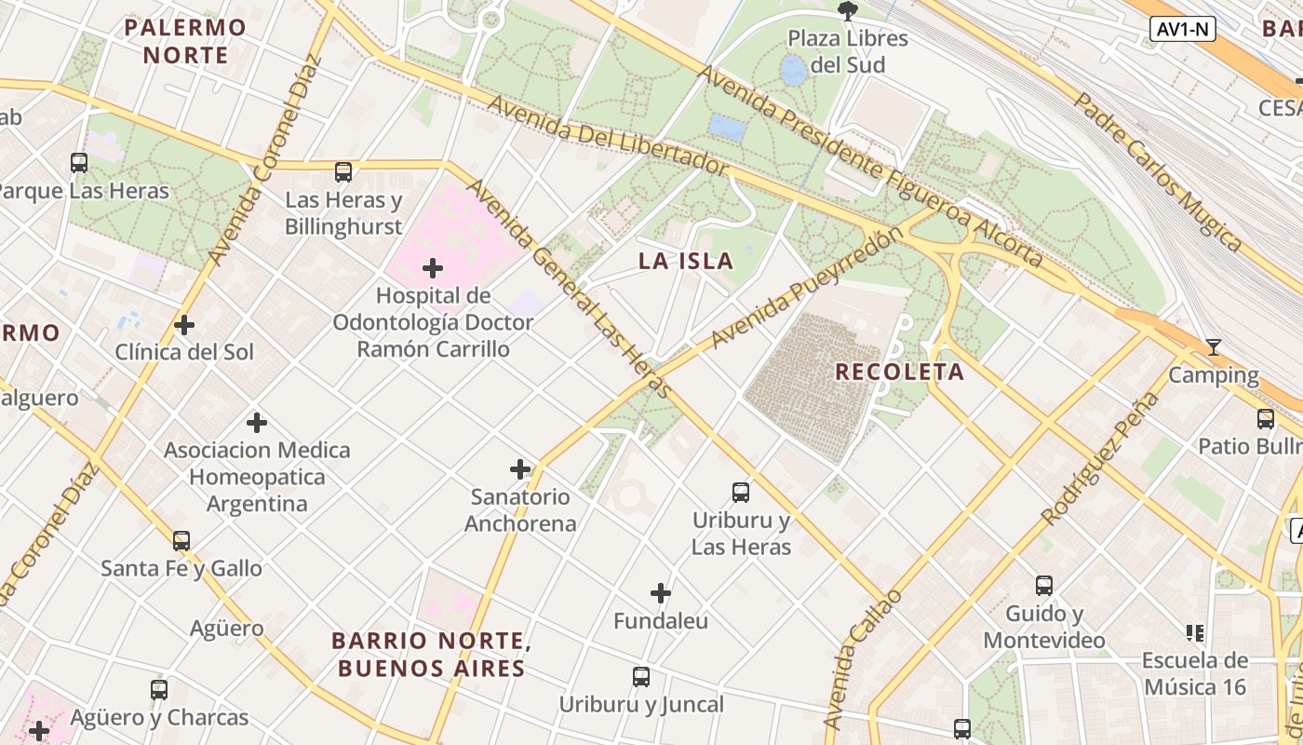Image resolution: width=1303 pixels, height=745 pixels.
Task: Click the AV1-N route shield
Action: pyautogui.click(x=1183, y=29)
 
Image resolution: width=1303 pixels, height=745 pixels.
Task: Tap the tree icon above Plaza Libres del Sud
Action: pyautogui.click(x=847, y=11)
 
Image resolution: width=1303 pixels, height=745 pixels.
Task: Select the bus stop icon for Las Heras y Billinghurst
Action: pyautogui.click(x=343, y=172)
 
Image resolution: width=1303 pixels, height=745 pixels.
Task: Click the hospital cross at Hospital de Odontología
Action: pyautogui.click(x=433, y=269)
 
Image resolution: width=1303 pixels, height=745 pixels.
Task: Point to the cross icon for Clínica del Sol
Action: pyautogui.click(x=184, y=325)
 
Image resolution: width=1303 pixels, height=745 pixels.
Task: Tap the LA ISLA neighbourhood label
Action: pyautogui.click(x=686, y=262)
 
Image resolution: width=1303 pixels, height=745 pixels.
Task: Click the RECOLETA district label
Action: pyautogui.click(x=899, y=372)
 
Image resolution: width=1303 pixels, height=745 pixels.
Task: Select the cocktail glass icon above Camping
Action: pyautogui.click(x=1213, y=347)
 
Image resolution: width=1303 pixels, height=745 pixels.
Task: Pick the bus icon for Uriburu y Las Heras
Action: pyautogui.click(x=741, y=493)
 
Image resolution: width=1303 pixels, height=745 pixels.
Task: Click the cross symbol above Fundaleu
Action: pyautogui.click(x=661, y=593)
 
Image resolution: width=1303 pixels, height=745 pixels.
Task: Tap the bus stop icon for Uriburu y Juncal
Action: pyautogui.click(x=641, y=677)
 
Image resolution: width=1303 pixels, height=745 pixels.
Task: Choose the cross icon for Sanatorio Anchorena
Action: pyautogui.click(x=520, y=469)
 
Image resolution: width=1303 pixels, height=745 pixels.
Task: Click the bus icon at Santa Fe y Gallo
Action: pyautogui.click(x=181, y=540)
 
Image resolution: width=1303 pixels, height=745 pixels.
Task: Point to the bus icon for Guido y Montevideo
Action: pyautogui.click(x=1044, y=586)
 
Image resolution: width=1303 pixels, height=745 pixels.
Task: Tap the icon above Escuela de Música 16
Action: pyautogui.click(x=1195, y=634)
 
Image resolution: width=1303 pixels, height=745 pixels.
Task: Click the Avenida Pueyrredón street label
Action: pyautogui.click(x=806, y=289)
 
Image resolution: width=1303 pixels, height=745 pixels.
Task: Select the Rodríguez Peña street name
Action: pyautogui.click(x=1100, y=458)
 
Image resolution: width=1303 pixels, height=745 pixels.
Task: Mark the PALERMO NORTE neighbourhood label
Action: pyautogui.click(x=186, y=41)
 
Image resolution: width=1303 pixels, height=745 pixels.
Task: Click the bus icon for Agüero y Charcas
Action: pyautogui.click(x=159, y=690)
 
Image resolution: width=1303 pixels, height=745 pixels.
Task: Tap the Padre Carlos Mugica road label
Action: pyautogui.click(x=1158, y=171)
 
